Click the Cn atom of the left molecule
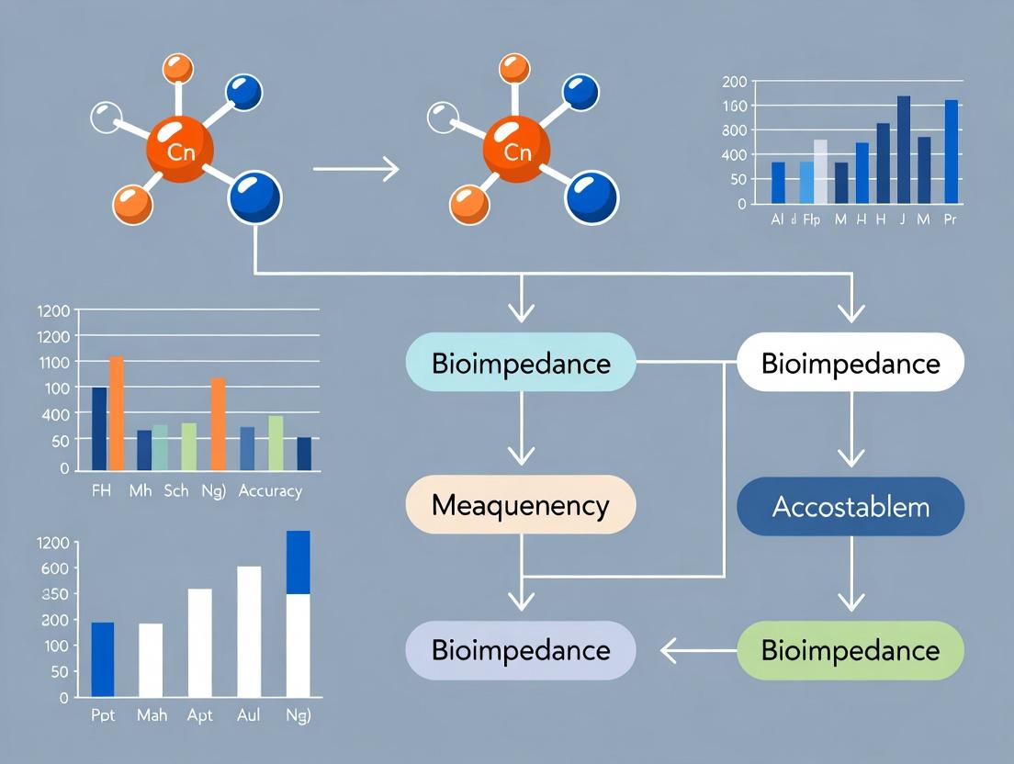(181, 150)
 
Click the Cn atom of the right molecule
(517, 150)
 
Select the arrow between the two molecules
(355, 169)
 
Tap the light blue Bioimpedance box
(521, 363)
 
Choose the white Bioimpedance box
(851, 363)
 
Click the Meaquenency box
(521, 505)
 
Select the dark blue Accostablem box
(851, 506)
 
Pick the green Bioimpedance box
(851, 650)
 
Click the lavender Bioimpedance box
(521, 650)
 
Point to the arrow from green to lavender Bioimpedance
(698, 651)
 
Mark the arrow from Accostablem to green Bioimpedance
(851, 575)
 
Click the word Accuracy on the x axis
(270, 491)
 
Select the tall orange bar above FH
(116, 412)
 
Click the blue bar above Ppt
(103, 658)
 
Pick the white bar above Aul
(249, 631)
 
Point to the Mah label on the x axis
(150, 715)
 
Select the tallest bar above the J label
(904, 149)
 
